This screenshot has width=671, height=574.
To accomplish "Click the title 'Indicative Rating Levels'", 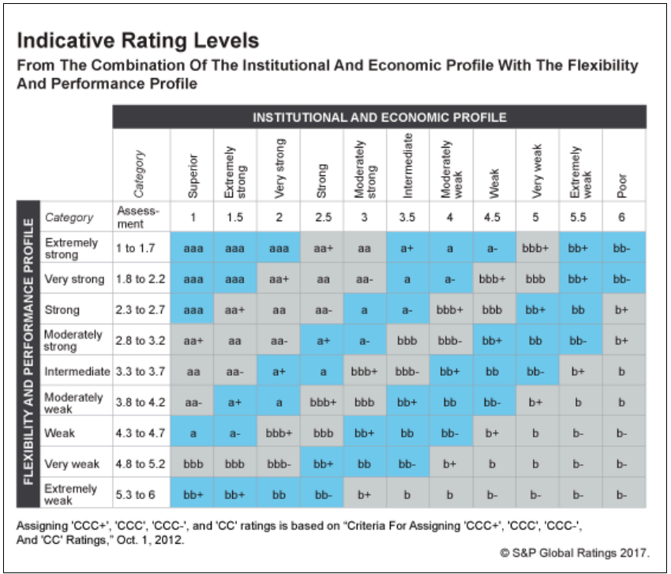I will click(137, 40).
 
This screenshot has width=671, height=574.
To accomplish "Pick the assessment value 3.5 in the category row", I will click(407, 217).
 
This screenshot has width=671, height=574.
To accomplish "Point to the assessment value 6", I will click(623, 217).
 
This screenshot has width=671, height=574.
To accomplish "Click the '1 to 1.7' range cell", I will click(141, 248).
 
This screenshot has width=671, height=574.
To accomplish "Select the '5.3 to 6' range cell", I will click(141, 494).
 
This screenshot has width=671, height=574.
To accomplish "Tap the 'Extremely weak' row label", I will click(72, 494).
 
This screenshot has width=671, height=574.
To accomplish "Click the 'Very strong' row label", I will click(74, 279).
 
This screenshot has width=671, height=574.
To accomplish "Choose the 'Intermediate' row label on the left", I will click(77, 371).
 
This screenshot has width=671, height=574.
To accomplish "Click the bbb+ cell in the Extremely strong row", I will click(536, 248).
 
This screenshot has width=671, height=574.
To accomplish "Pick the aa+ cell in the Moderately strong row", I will click(192, 340).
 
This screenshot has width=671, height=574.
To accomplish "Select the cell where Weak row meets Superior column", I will click(192, 433).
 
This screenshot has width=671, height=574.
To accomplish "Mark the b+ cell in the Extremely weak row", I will click(364, 494).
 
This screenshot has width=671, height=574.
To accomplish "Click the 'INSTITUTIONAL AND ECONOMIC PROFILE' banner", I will click(379, 118).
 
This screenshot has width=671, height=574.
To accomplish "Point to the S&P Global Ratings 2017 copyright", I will click(575, 551).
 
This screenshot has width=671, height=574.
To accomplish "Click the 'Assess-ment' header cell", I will click(141, 217).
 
